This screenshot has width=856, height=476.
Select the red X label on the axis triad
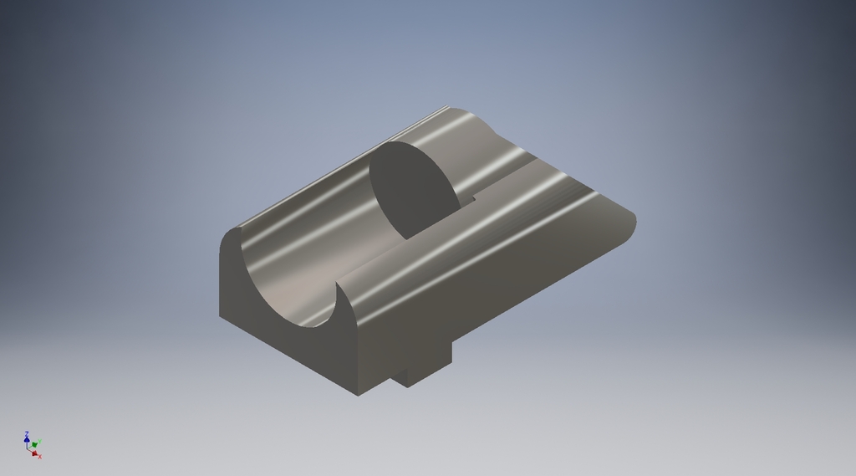pos(39,457)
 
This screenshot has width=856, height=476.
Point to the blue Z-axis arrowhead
pos(27,439)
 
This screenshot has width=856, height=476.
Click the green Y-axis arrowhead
pos(35,444)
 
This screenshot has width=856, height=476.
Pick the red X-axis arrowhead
pos(34,453)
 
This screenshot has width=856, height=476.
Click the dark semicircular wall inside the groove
pos(411,188)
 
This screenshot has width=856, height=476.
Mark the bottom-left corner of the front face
pos(220,317)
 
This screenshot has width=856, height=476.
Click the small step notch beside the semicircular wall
pos(468,201)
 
